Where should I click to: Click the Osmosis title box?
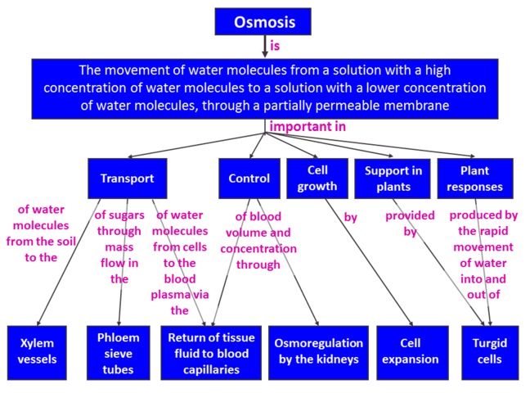pyautogui.click(x=265, y=21)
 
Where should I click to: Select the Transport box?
pyautogui.click(x=127, y=179)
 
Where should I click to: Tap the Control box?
pyautogui.click(x=249, y=179)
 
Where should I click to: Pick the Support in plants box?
pyautogui.click(x=393, y=179)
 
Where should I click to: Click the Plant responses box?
pyautogui.click(x=474, y=179)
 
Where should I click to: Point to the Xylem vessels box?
pyautogui.click(x=39, y=352)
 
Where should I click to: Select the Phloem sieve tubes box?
pyautogui.click(x=119, y=352)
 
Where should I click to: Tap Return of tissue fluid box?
pyautogui.click(x=211, y=352)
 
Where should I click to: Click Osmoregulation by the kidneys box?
pyautogui.click(x=316, y=352)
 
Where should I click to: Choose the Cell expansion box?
pyautogui.click(x=411, y=352)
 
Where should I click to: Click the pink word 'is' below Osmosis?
pyautogui.click(x=275, y=46)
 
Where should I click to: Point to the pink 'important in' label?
pyautogui.click(x=308, y=127)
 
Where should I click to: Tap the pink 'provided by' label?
pyautogui.click(x=410, y=224)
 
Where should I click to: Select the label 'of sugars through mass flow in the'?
pyautogui.click(x=119, y=246)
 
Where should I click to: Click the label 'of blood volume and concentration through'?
pyautogui.click(x=258, y=240)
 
